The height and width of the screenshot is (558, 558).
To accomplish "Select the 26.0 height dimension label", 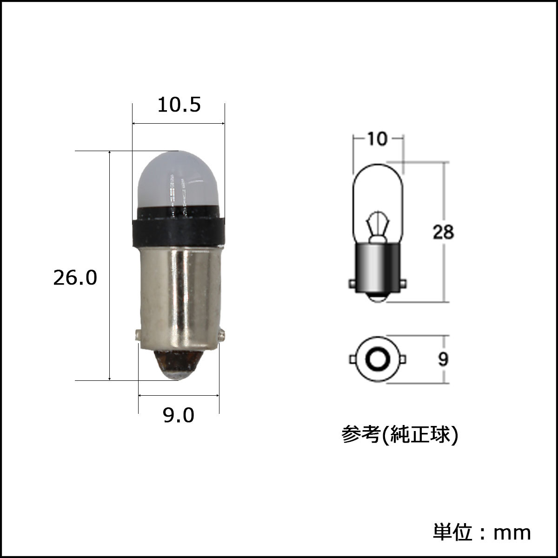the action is coord(75,278).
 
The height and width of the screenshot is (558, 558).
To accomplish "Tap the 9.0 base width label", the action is coord(179,415).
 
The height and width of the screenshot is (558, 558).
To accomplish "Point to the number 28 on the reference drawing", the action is coord(443,232).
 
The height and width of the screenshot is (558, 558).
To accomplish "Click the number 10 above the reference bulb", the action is coord(378,139).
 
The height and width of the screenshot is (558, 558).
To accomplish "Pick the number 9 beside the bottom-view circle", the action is coord(443,359).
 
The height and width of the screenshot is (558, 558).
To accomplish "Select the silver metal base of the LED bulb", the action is coord(179,298).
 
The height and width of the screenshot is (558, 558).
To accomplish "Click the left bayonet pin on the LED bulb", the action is coord(138,335).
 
